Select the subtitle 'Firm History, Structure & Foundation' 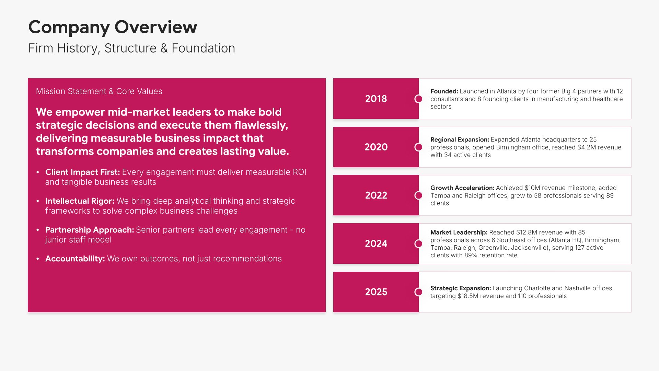[x=132, y=48]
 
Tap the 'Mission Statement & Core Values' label [x=99, y=91]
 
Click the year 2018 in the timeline [x=376, y=99]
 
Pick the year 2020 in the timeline [x=376, y=147]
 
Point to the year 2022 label [x=376, y=195]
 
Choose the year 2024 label [x=376, y=244]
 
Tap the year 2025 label [x=376, y=292]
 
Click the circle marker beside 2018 [x=419, y=99]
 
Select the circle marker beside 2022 [x=419, y=195]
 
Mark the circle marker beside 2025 [x=419, y=292]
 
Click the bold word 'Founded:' [x=444, y=91]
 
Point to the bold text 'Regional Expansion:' [x=460, y=140]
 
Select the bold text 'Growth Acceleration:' [x=462, y=188]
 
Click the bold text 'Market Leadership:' [x=459, y=233]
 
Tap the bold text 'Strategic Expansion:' [x=461, y=288]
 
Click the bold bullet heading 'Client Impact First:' [x=83, y=172]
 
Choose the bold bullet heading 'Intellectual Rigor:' [x=80, y=201]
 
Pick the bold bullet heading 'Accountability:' [x=75, y=259]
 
